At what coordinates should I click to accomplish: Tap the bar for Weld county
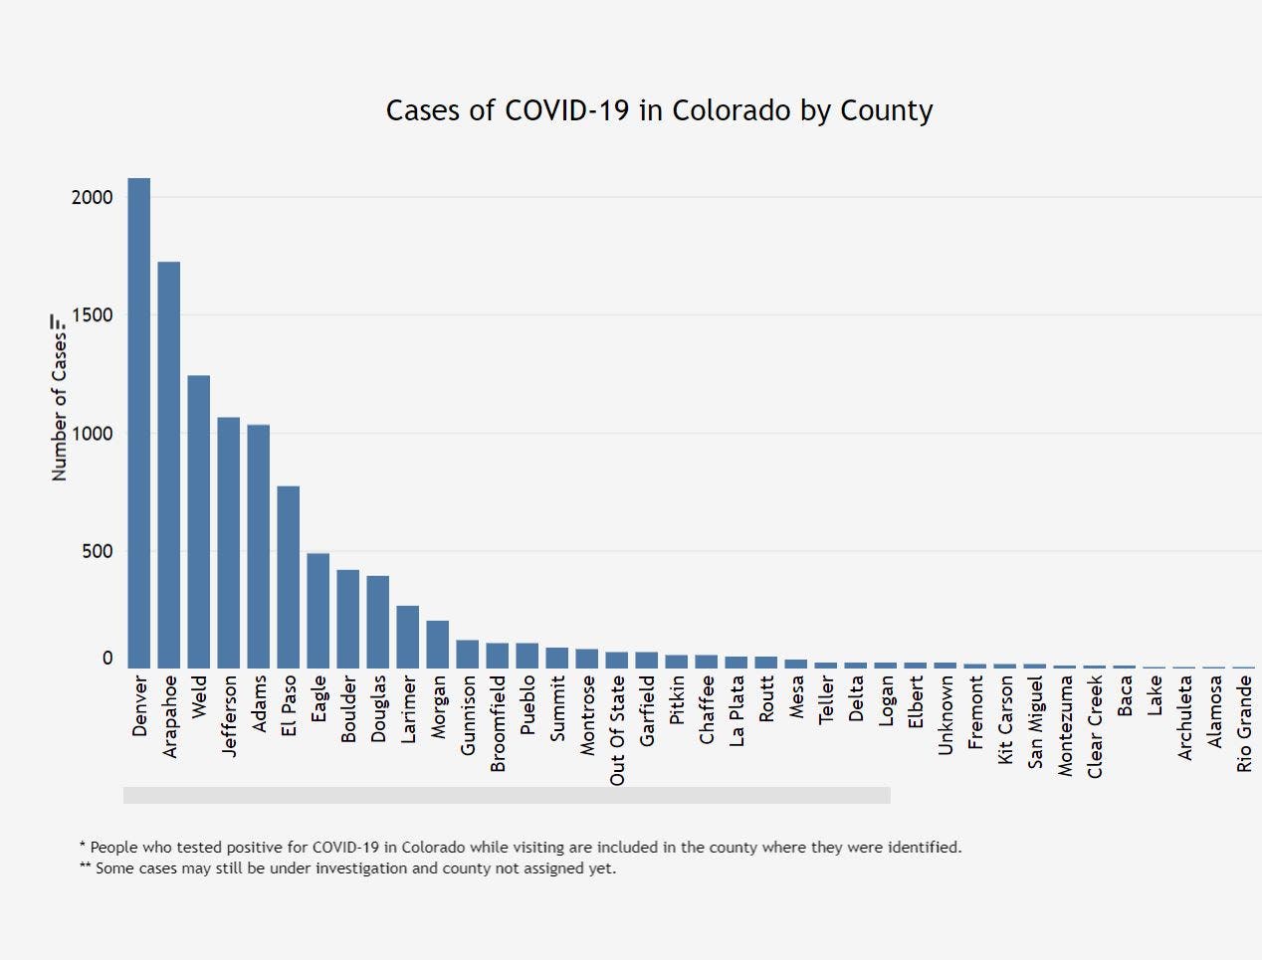coord(199,521)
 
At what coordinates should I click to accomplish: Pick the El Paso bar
coord(289,577)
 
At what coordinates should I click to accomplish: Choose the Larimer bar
coord(408,637)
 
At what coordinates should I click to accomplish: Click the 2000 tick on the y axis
coord(93,197)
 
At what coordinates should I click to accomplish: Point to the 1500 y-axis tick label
coord(93,315)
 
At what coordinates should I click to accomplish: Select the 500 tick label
coord(98,551)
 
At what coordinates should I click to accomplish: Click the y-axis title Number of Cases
coord(60,398)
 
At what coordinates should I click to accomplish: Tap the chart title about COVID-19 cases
coord(659,109)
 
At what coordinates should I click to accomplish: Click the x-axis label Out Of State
coord(618,730)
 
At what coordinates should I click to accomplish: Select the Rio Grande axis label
coord(1244,723)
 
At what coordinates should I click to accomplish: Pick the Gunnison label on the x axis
coord(469,714)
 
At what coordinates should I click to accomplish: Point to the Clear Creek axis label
coord(1095,726)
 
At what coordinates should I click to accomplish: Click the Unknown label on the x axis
coord(946,714)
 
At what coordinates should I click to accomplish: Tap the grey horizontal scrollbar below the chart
coord(507,795)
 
